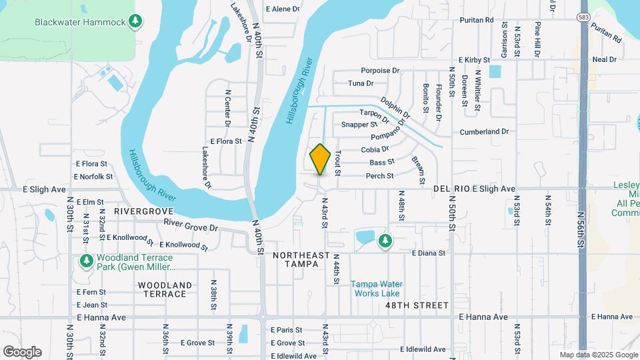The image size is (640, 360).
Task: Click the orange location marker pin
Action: (x=321, y=159)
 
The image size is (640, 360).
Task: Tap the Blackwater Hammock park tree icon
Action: (x=136, y=22)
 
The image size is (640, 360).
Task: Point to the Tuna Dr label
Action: (x=361, y=83)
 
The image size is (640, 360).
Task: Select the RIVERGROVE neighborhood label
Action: (x=143, y=211)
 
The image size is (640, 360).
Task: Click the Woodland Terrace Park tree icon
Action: (x=86, y=261)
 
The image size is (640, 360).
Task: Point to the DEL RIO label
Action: (x=451, y=189)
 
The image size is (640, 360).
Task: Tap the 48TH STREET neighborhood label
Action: (x=417, y=305)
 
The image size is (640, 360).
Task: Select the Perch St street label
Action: (x=380, y=176)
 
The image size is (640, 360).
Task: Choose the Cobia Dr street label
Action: (x=375, y=149)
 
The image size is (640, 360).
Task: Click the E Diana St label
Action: (x=428, y=253)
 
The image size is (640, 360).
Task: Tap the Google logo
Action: (x=22, y=351)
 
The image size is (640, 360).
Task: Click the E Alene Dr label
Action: (x=283, y=9)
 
